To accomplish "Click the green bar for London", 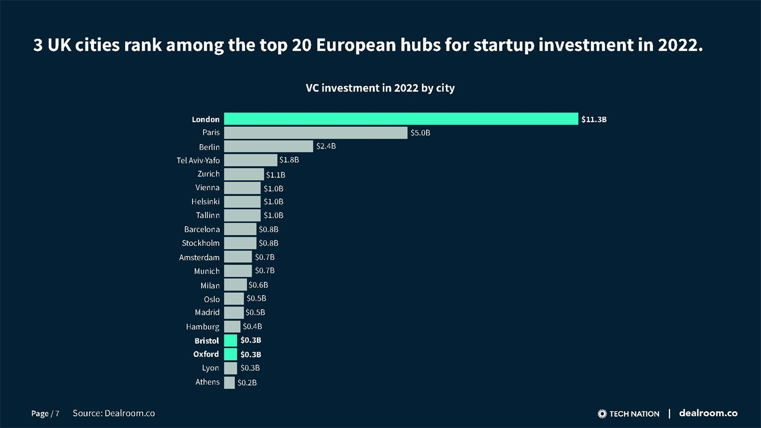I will click(x=401, y=119).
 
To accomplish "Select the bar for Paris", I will click(x=316, y=133).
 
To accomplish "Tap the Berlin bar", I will click(x=268, y=146).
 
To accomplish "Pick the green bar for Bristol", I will click(x=231, y=340).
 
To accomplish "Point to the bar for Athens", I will click(x=229, y=382).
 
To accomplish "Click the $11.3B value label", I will click(x=594, y=119).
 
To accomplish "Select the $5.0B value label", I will click(x=420, y=133).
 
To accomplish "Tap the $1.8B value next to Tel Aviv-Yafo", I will click(x=289, y=160).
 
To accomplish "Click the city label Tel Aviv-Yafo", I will click(x=198, y=160).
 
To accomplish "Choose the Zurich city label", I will click(x=208, y=174).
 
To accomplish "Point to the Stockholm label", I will click(x=201, y=243).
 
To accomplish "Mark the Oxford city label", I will click(x=206, y=354).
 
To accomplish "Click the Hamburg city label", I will click(x=203, y=326).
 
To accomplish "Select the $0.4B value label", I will click(x=253, y=326).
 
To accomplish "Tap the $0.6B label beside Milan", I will click(x=258, y=285).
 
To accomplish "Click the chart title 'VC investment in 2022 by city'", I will click(x=380, y=88).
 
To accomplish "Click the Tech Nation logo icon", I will click(x=602, y=414).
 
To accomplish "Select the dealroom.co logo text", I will click(x=708, y=413).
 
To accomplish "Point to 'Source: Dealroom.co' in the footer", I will click(x=114, y=413).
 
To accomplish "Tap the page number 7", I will click(x=57, y=414).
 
